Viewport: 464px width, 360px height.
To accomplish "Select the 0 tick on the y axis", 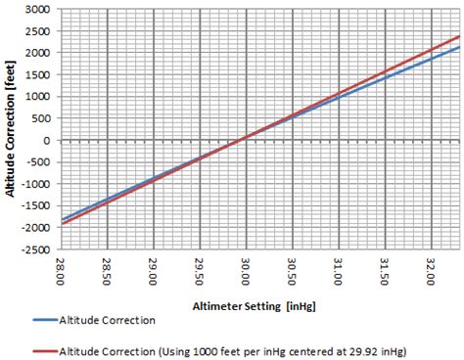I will (x=47, y=140).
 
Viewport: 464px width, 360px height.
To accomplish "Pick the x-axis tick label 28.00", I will (x=61, y=271).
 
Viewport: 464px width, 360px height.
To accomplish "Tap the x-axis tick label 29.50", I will (x=199, y=271).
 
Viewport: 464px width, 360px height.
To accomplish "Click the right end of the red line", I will (x=459, y=37).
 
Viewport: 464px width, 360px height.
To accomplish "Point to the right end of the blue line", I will (x=459, y=48).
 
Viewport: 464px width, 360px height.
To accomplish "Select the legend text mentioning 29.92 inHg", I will (x=232, y=350).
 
